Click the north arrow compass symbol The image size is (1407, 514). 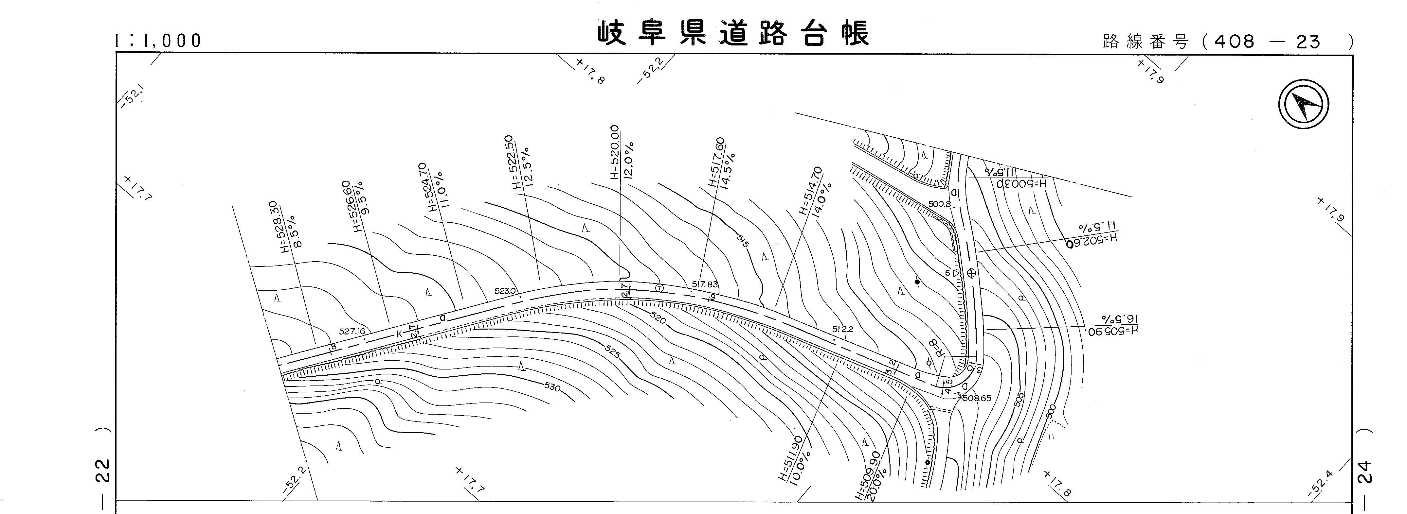pos(1303,104)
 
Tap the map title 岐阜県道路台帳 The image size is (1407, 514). pos(733,34)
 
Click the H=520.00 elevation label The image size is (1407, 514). pos(615,152)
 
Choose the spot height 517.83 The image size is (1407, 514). pos(705,284)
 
